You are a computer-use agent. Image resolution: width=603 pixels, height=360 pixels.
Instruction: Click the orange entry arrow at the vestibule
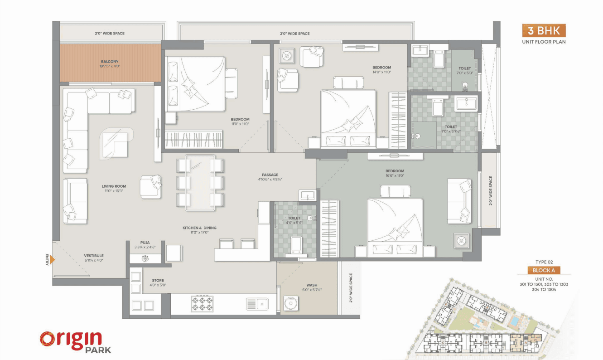52,260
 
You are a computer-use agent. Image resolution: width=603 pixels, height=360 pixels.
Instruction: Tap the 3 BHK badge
544,30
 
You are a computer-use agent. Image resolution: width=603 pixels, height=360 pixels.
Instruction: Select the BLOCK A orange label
544,270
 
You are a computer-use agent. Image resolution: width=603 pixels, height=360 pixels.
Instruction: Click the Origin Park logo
75,342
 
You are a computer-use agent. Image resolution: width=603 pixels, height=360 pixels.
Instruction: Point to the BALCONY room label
110,62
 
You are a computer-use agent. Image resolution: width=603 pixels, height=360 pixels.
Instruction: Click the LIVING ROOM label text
114,186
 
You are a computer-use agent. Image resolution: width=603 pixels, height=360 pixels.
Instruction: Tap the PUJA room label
145,243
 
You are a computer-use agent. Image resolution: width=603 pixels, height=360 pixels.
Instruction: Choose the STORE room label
158,280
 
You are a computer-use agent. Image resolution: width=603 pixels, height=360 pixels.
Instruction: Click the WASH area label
312,285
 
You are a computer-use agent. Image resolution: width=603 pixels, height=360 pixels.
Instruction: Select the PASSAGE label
270,175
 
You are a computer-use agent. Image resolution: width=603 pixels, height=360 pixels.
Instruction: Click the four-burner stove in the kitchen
202,304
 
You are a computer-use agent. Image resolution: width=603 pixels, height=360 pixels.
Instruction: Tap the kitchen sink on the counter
257,304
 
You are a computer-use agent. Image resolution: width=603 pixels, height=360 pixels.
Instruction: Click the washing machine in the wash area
291,303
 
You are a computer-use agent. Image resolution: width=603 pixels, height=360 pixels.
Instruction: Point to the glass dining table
200,182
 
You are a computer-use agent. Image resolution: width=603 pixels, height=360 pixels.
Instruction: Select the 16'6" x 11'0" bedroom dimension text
395,175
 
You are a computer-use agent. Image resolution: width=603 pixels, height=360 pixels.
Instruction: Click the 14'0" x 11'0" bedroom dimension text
382,72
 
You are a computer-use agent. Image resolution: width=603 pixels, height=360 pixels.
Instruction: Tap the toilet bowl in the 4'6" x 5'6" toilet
296,246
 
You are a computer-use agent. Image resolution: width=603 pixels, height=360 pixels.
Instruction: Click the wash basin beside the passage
308,195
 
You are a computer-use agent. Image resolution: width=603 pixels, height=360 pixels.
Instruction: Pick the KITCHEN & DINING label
199,228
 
